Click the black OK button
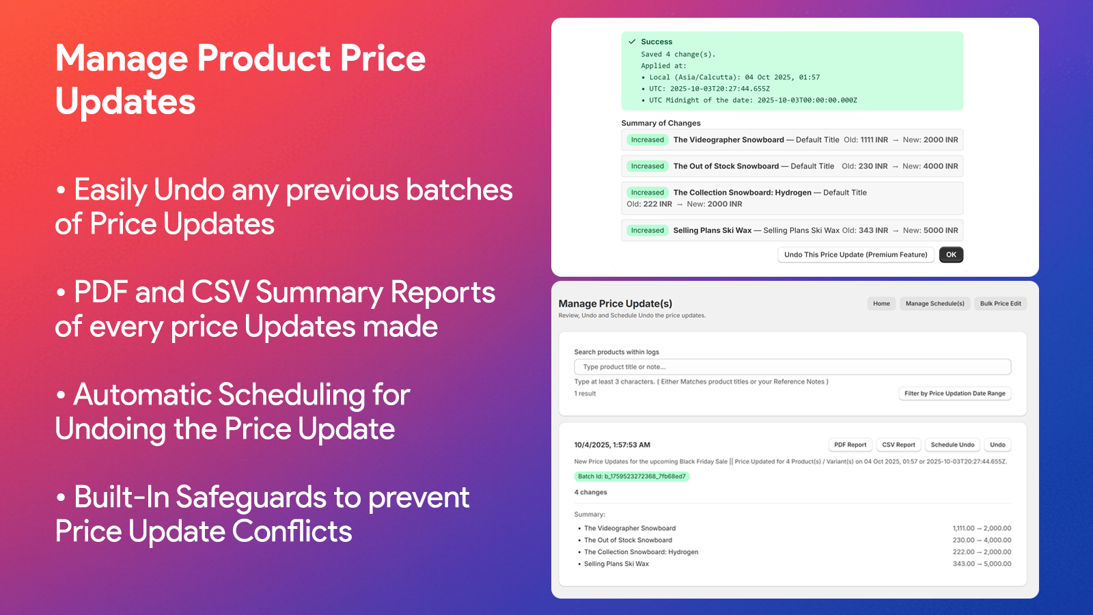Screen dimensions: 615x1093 pos(951,255)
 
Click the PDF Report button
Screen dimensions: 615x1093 pos(850,445)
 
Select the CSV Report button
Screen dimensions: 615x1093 pos(898,445)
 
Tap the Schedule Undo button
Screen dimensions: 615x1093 pos(952,445)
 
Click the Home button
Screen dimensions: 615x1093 pos(881,303)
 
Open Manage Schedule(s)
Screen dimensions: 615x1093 pos(935,303)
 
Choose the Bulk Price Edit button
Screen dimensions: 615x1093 pos(1000,303)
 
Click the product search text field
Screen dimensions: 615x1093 pos(792,367)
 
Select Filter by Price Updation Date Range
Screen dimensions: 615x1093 pos(954,394)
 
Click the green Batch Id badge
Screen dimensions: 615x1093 pos(631,476)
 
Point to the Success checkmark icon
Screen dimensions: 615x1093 pos(632,42)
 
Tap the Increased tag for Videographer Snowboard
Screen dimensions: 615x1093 pos(647,140)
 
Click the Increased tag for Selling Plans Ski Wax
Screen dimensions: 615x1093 pos(647,231)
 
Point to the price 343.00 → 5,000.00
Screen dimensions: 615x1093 pos(982,564)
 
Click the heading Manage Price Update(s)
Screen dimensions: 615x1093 pos(615,303)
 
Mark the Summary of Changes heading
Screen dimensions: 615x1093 pos(661,123)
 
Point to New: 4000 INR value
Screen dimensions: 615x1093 pos(930,166)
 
